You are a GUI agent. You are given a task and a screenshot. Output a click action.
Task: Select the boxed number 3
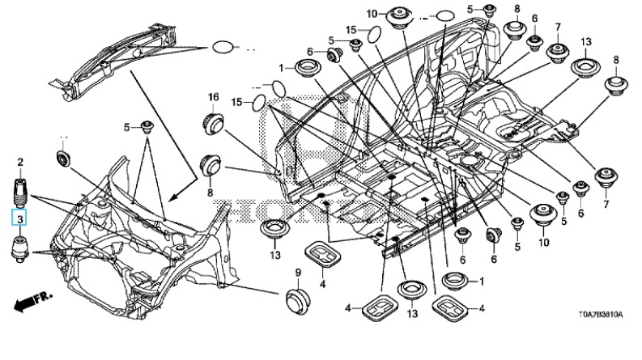[18, 217]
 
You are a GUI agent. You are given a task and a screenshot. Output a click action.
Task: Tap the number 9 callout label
[296, 271]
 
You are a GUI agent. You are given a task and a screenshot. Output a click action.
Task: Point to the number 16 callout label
[213, 98]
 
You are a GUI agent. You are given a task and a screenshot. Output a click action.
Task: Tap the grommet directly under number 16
[214, 124]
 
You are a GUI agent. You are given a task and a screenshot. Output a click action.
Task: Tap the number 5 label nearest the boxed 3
[127, 127]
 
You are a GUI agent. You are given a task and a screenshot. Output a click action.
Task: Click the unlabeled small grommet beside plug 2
[63, 156]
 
